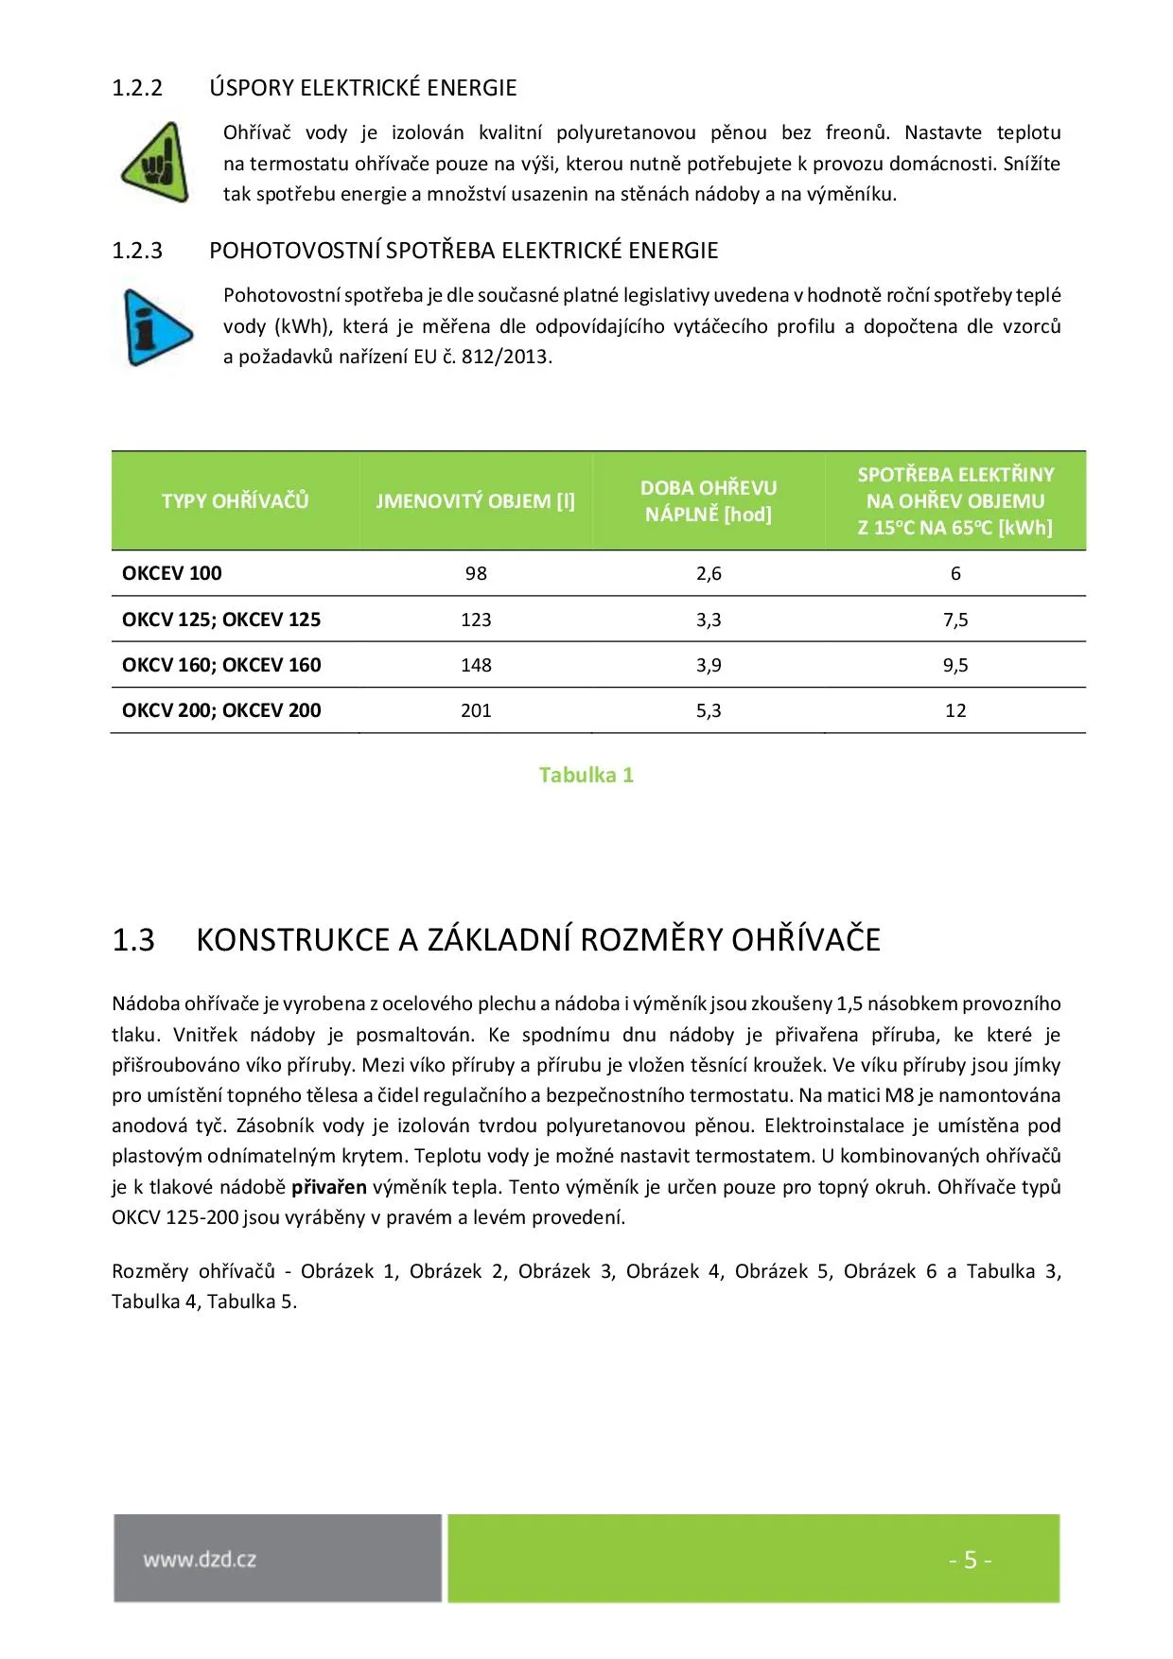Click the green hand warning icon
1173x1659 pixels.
156,163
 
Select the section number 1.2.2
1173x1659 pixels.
137,88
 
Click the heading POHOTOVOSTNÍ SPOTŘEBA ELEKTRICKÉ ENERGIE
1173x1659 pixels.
464,251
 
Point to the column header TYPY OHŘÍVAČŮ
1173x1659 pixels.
235,501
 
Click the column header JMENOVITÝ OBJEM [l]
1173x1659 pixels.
475,501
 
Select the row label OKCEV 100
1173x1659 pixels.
172,573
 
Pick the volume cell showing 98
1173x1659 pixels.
476,573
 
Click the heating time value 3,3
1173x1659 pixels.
709,620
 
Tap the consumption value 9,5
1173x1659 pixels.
955,665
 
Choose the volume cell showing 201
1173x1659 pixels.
476,710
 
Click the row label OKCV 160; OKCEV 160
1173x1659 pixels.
221,665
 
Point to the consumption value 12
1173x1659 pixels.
955,710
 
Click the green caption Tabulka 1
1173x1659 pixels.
586,775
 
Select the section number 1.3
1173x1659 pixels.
133,939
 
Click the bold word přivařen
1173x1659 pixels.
328,1187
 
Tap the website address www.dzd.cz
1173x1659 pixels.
200,1560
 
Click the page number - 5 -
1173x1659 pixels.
970,1560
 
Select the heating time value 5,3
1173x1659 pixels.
709,710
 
